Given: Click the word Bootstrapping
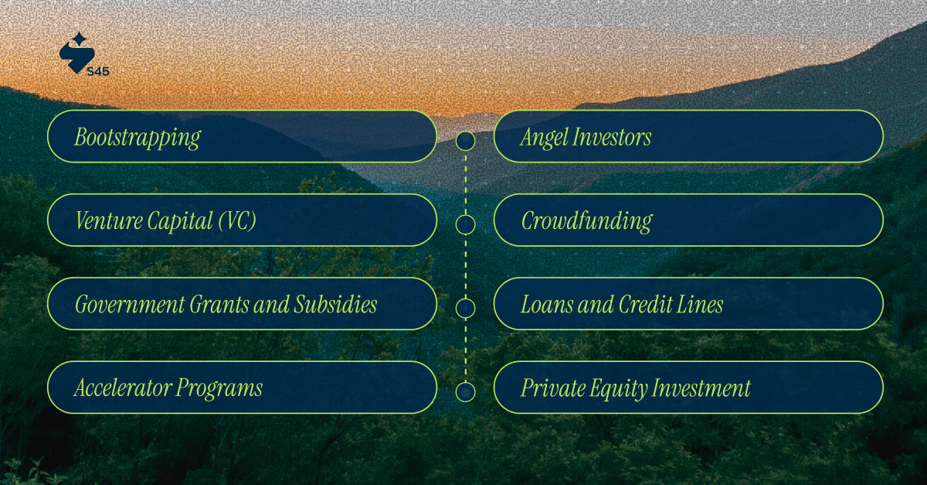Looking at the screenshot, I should click(x=138, y=138).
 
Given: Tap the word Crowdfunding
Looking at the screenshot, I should click(x=586, y=221).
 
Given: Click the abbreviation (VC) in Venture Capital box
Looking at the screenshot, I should click(x=236, y=221).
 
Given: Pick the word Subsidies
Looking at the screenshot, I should click(x=335, y=305).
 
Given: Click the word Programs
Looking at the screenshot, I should click(x=219, y=388).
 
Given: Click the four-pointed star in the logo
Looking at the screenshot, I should click(x=79, y=39).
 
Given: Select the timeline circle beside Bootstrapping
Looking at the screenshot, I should click(x=465, y=141).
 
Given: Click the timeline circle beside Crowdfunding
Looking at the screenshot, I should click(x=465, y=225).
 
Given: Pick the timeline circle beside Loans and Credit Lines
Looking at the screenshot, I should click(x=465, y=309).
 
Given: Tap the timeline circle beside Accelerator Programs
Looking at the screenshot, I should click(x=465, y=392).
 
